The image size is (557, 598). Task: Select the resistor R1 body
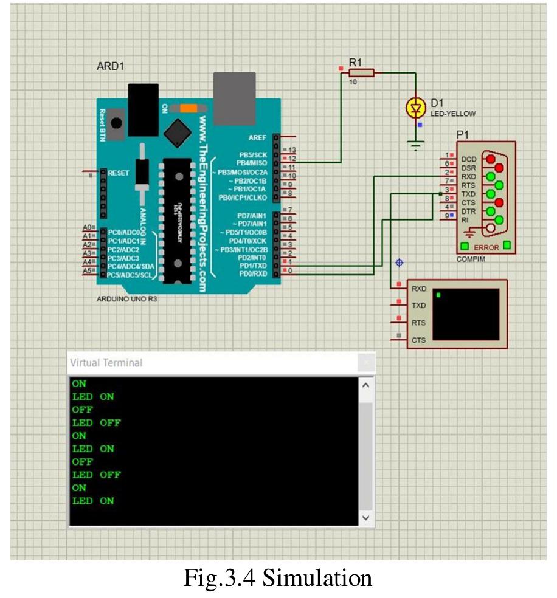coord(361,73)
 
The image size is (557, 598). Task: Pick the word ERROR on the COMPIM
coord(485,247)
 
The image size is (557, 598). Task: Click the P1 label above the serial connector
coord(462,135)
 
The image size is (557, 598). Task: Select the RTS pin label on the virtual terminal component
coord(418,323)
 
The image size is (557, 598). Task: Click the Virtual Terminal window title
coord(106,363)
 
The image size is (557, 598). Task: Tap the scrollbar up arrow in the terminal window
coord(365,385)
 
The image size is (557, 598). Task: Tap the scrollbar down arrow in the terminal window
coord(365,518)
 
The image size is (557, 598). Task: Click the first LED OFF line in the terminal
coord(96,422)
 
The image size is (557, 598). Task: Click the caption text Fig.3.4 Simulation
coord(278,577)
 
